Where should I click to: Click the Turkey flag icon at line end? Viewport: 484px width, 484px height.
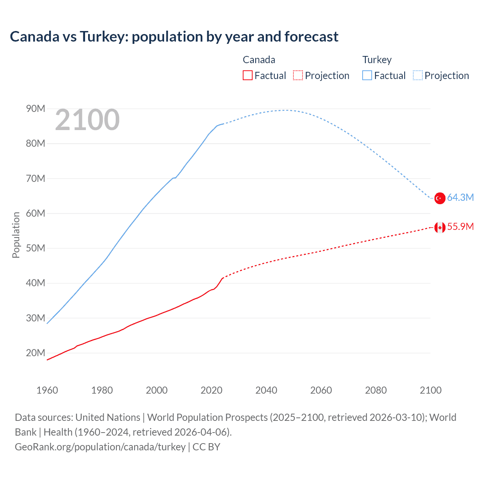(440, 198)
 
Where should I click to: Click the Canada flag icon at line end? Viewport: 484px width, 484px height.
(440, 227)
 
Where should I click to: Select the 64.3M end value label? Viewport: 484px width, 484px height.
(460, 197)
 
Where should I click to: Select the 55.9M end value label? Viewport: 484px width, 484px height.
(460, 226)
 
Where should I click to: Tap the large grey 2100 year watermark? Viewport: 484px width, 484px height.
(87, 120)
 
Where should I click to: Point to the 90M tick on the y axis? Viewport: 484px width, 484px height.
(36, 109)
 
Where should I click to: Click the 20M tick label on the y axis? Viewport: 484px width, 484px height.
(36, 353)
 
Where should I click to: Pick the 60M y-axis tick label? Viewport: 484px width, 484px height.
(36, 213)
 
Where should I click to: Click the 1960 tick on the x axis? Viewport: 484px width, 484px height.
(47, 390)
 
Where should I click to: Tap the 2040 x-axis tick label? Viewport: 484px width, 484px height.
(266, 390)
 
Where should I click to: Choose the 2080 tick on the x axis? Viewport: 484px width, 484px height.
(376, 390)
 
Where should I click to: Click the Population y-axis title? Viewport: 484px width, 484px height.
(16, 235)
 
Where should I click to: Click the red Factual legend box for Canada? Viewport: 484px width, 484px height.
(247, 75)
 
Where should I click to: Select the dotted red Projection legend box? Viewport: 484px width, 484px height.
(298, 75)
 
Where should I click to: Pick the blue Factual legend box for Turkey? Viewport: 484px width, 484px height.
(367, 75)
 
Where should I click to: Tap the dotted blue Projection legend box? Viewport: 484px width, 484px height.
(418, 75)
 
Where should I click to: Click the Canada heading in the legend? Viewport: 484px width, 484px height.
(259, 60)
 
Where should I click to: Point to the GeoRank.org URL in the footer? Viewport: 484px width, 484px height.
(100, 447)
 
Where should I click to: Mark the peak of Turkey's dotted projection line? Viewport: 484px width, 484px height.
(284, 110)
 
